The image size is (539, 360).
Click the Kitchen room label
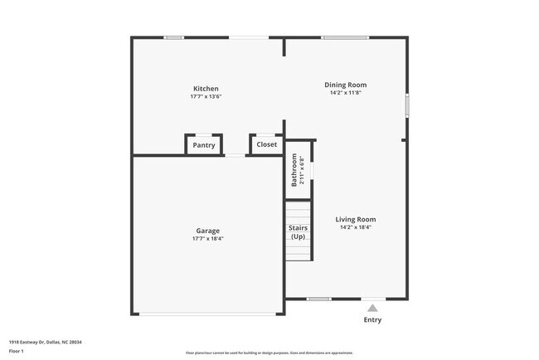click(206, 89)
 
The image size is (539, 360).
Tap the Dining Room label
click(345, 85)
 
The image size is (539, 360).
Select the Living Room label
click(356, 220)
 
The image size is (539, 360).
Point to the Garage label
click(207, 231)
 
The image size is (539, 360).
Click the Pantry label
click(204, 145)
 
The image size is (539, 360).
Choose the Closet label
click(267, 144)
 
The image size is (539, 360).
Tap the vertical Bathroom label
click(294, 169)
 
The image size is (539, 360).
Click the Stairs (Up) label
click(298, 231)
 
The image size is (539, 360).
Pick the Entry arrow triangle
click(372, 308)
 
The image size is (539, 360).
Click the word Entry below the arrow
click(372, 319)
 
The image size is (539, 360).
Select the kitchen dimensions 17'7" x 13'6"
click(206, 97)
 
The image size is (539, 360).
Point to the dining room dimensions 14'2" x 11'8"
click(345, 93)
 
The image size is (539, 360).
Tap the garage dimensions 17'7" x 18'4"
click(207, 239)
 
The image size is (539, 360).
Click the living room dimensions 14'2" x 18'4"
click(356, 227)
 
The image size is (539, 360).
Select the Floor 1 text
click(17, 350)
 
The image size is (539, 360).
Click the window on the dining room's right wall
click(406, 107)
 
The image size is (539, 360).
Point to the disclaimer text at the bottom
click(269, 353)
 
